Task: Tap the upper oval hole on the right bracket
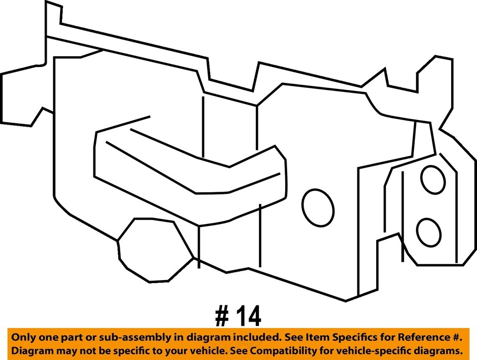pos(433,179)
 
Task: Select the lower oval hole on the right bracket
pos(429,232)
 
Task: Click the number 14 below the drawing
pos(247,316)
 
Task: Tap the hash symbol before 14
pos(222,316)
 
